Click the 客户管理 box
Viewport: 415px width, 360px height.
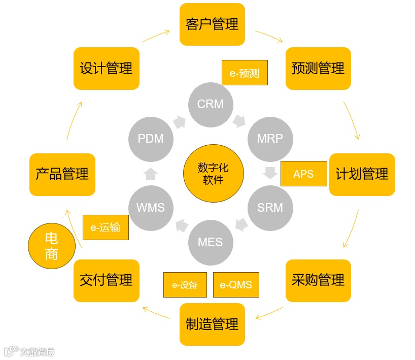(212, 24)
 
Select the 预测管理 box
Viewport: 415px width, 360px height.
(318, 69)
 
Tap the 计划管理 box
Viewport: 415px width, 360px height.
(362, 174)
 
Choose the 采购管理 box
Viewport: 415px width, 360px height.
(318, 280)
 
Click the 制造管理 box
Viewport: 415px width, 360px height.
(212, 324)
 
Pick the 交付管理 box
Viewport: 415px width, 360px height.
(106, 280)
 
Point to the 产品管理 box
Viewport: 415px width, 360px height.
(62, 174)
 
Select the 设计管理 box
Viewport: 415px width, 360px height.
(106, 69)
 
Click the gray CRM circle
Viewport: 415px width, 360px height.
(211, 104)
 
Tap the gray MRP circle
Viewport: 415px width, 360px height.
(270, 139)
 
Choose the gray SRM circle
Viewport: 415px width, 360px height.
(270, 208)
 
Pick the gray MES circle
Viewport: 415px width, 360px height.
(211, 242)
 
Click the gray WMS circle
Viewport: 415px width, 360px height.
(151, 208)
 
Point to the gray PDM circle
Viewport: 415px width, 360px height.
(151, 139)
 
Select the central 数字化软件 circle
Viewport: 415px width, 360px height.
(213, 174)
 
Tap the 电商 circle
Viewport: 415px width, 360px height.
(51, 246)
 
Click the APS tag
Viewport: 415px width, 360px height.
(303, 174)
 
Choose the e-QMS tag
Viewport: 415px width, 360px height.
(236, 285)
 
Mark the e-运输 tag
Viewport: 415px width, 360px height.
(106, 227)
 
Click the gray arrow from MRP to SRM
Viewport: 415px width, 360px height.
(270, 173)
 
